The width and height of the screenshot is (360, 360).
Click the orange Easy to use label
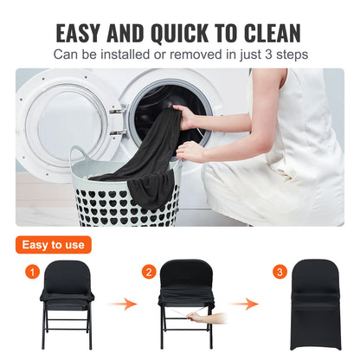(53, 244)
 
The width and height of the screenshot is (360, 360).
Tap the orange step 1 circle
(33, 273)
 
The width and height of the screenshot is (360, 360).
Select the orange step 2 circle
(150, 273)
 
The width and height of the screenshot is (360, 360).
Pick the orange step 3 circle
(280, 273)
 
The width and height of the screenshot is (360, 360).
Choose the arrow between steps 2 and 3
(248, 305)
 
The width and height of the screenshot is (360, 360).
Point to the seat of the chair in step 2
(186, 305)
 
